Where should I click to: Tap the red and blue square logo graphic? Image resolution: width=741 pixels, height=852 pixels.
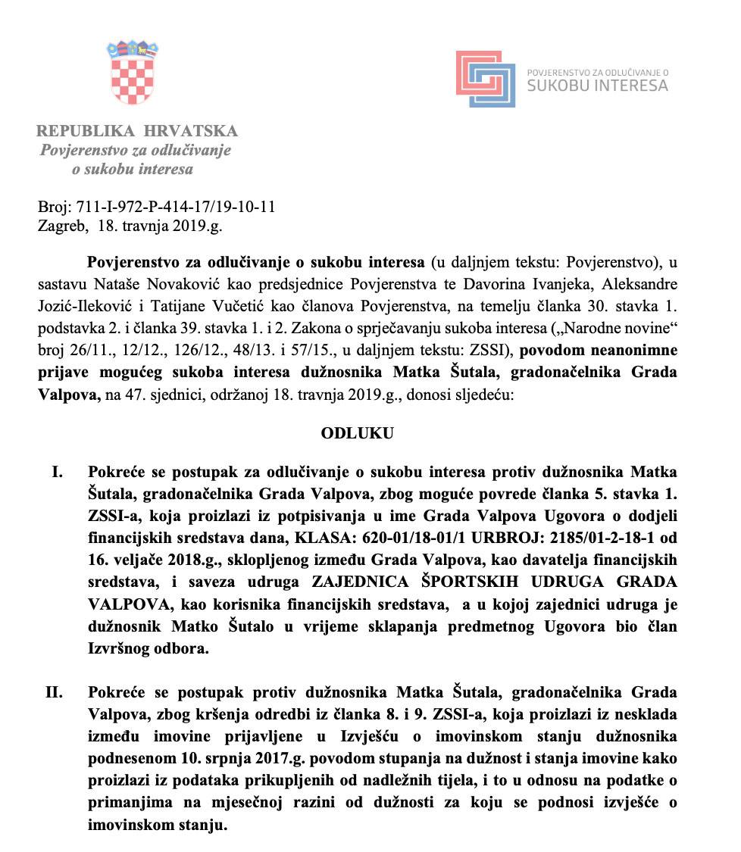click(486, 79)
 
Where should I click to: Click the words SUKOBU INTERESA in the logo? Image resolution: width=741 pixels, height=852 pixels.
click(597, 86)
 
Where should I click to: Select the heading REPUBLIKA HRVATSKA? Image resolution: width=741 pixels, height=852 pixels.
click(137, 130)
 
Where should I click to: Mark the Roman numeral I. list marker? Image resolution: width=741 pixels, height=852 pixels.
click(57, 472)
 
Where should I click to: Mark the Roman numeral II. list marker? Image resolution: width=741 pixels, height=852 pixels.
click(54, 692)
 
